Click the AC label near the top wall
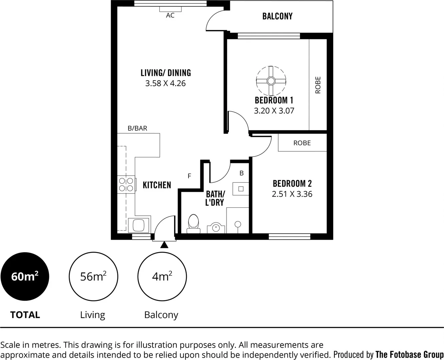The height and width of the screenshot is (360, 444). [x=170, y=15]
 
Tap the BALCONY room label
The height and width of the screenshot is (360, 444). [x=277, y=16]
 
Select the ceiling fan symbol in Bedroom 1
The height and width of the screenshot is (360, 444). [x=271, y=81]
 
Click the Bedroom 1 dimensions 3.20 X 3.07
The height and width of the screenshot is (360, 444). [x=274, y=111]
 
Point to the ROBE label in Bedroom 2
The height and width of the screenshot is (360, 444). [x=302, y=143]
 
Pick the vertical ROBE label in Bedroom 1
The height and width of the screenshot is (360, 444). [x=318, y=85]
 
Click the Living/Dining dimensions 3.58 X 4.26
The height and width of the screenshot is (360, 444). [x=165, y=83]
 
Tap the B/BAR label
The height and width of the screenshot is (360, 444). [x=137, y=128]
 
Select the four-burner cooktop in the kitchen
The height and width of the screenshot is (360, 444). [x=126, y=185]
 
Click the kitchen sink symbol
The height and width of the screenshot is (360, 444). [x=139, y=225]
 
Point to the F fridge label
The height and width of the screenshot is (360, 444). [x=189, y=176]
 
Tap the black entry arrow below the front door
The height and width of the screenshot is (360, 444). [x=164, y=245]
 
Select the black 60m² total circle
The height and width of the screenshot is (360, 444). [x=25, y=277]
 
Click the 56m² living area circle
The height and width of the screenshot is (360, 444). [x=93, y=277]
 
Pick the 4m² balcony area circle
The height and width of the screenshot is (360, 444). [x=162, y=277]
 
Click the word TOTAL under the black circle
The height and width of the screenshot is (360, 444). [x=25, y=315]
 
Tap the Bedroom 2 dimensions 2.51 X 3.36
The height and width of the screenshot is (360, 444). [x=292, y=194]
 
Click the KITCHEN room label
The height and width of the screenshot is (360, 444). [x=157, y=185]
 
